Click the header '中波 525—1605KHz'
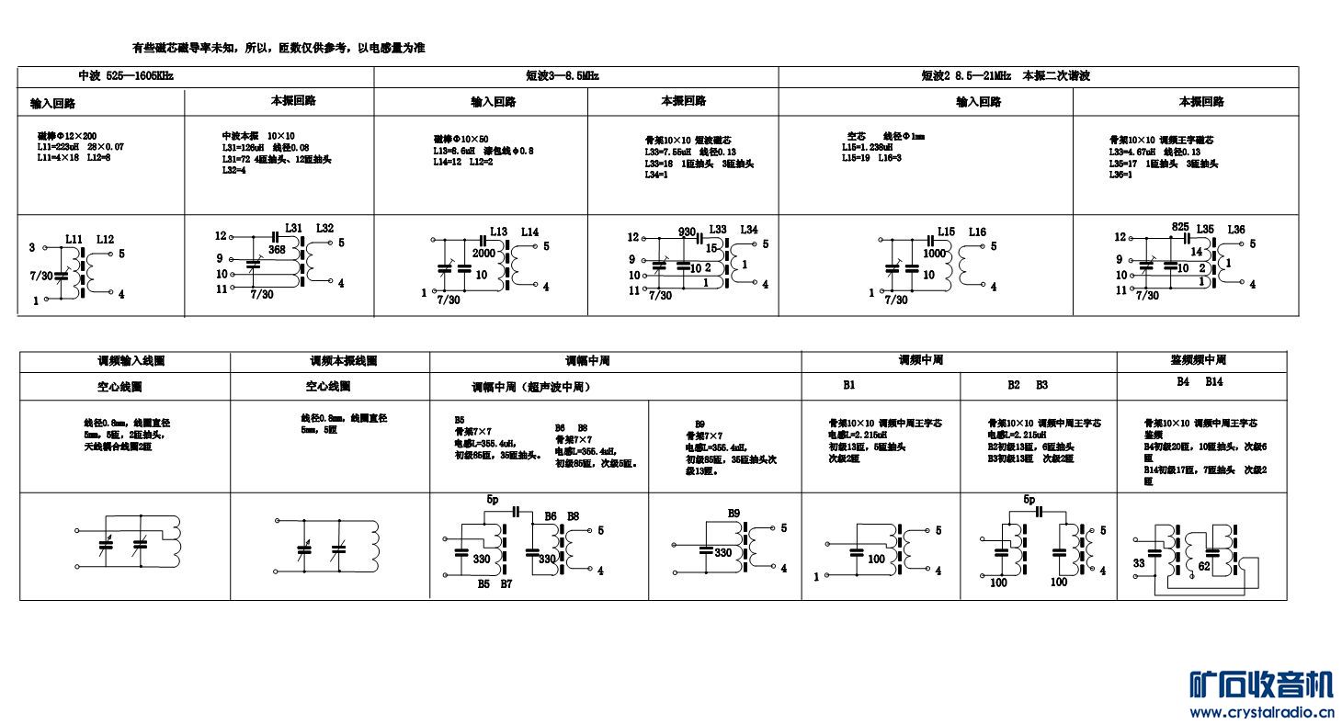pos(125,75)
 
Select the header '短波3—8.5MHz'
pos(562,76)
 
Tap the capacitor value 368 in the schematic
pos(277,249)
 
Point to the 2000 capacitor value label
pos(483,253)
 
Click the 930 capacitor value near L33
pos(687,232)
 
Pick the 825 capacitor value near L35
pos(1179,227)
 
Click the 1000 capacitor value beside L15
pos(935,253)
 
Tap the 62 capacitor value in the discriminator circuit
pos(1203,568)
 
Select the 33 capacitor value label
pos(1139,562)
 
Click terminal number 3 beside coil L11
pos(32,247)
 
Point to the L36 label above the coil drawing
pos(1235,230)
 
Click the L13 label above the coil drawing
pos(498,232)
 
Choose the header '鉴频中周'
pos(1198,359)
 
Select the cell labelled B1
pos(848,385)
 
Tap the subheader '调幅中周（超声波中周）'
pos(530,387)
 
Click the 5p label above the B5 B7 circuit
pos(494,499)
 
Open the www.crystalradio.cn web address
pos(1262,712)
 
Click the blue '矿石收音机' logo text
pos(1260,684)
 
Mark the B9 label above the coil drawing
pos(734,513)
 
